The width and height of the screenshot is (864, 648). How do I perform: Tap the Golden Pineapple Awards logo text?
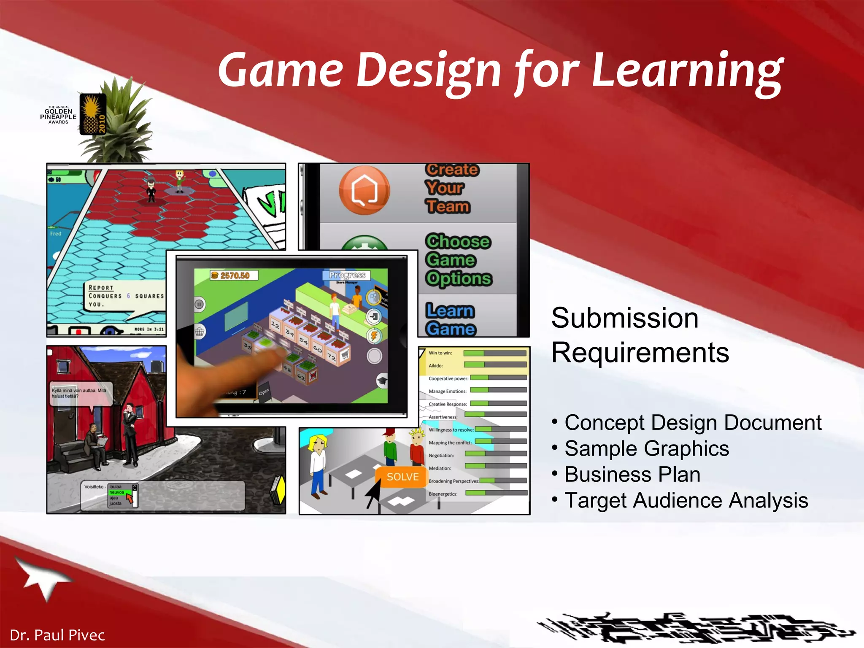coord(58,115)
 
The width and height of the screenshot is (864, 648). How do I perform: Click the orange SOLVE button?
coord(402,477)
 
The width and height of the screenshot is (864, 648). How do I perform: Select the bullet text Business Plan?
coord(632,475)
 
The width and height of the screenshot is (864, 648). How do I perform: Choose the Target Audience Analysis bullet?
coord(686,501)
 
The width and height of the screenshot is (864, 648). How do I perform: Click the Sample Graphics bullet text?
coord(647,448)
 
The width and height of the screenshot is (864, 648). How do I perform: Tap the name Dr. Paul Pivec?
coord(57,635)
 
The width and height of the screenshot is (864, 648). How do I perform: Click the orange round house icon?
coord(364,190)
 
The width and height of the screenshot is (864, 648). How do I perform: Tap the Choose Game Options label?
coord(458,260)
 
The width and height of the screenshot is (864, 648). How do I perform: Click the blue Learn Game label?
coord(450,319)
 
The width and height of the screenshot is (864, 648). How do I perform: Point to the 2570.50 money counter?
coord(235,275)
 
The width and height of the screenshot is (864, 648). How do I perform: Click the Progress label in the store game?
coord(347,275)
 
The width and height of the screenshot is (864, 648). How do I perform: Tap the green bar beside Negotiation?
coord(475,454)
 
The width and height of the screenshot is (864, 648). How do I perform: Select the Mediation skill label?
coord(440,468)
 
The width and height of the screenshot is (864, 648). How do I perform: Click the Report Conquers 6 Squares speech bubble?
coord(125,296)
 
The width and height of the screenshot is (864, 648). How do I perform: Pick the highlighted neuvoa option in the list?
coord(117,492)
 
